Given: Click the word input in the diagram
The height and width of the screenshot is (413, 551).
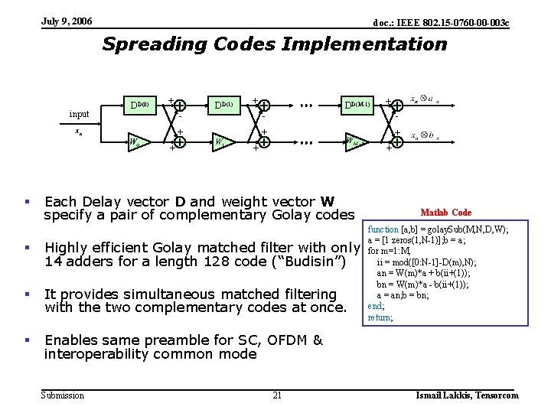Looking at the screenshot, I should pos(79,115).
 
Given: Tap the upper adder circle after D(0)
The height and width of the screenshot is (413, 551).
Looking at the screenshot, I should pos(179,106).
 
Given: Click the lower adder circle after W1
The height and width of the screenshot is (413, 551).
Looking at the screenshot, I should pos(263,142).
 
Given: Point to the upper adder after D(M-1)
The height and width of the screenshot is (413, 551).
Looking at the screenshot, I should pos(397,106).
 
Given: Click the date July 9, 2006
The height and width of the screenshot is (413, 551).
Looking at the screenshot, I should pos(67,21).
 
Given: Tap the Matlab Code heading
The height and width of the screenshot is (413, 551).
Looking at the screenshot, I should pos(446,213).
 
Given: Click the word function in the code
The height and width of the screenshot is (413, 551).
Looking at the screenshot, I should pos(383,229).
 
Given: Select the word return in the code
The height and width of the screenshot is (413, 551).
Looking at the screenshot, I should pos(380,317).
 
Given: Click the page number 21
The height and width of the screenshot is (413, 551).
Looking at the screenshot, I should pos(277,395).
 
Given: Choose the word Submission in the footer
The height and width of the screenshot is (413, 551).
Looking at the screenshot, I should pos(63,395).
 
